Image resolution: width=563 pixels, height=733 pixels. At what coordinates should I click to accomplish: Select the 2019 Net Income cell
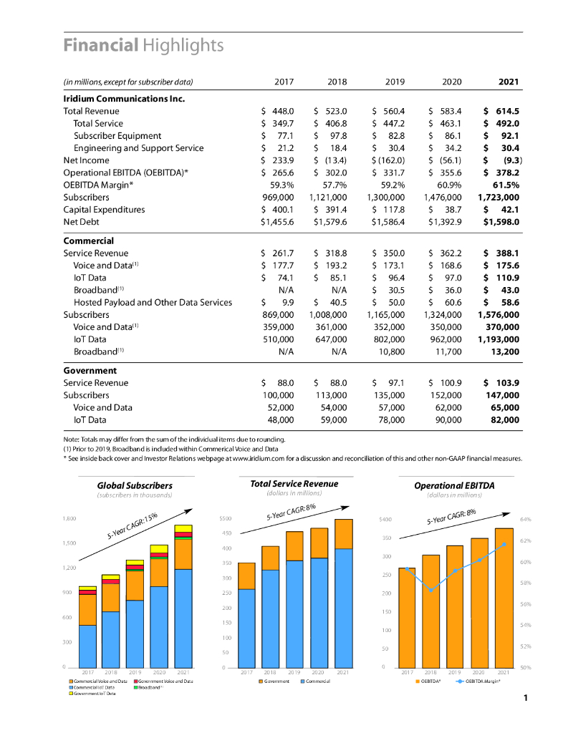point(389,160)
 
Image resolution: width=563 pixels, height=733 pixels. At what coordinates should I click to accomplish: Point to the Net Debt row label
point(81,222)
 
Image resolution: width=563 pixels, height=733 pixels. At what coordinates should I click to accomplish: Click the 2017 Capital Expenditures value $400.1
point(276,210)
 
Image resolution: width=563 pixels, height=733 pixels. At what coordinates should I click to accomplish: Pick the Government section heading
point(90,370)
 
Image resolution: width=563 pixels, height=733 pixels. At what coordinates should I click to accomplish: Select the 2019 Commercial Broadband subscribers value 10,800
point(392,351)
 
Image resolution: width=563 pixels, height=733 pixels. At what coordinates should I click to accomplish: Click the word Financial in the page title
point(100,45)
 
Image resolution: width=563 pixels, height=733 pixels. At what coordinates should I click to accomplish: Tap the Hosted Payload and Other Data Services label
point(153,302)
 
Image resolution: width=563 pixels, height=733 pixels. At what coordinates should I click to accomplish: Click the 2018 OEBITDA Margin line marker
point(431,590)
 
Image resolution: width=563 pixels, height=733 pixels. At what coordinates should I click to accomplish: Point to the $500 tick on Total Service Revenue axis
point(225,518)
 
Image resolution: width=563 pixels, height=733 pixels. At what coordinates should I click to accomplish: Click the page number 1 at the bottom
point(525,697)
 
